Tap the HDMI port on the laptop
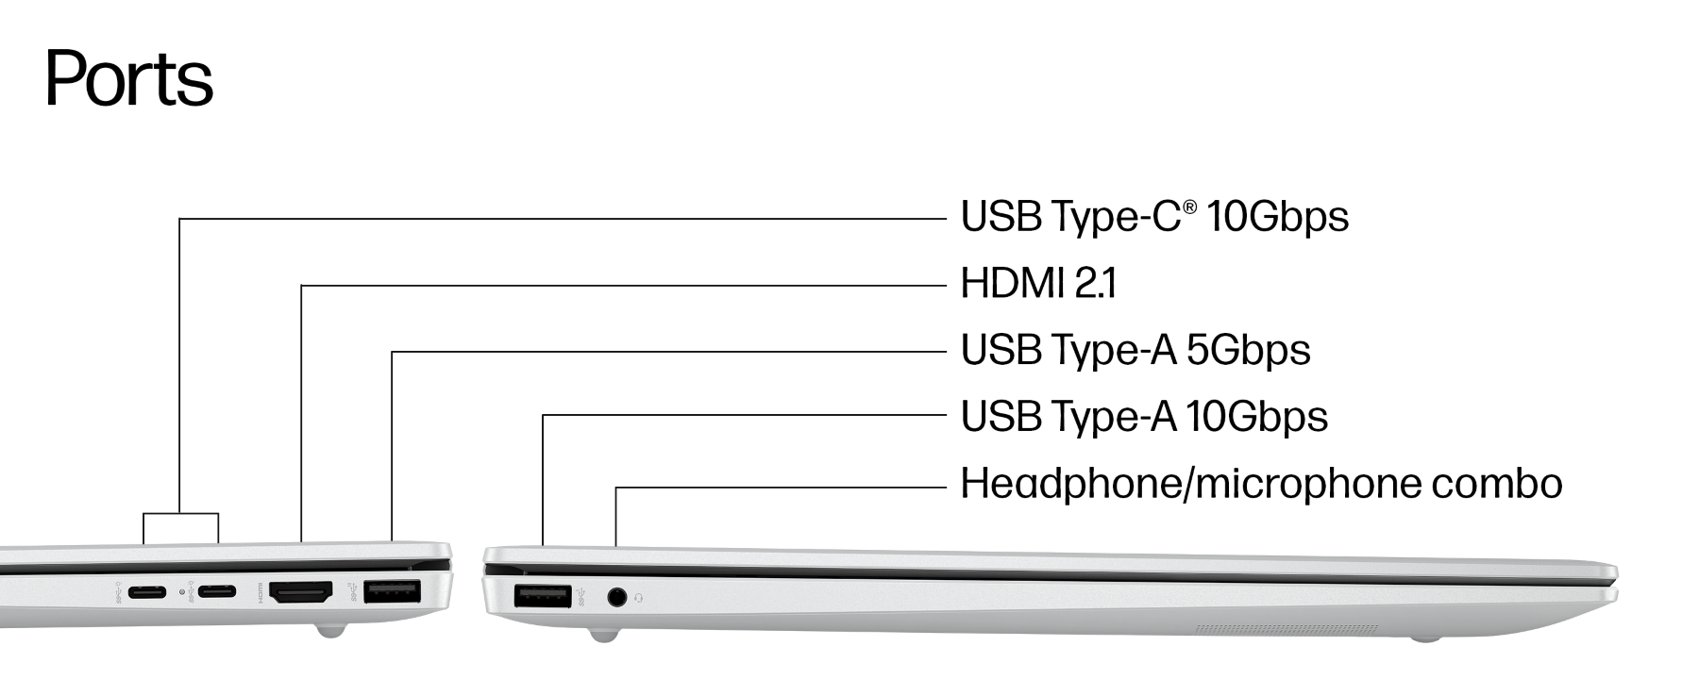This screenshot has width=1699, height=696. [x=301, y=593]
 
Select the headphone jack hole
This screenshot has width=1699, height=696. [x=617, y=597]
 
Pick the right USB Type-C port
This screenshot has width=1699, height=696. [x=216, y=593]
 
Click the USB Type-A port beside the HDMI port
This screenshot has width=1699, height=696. [x=392, y=593]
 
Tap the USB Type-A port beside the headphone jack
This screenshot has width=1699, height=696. [x=543, y=596]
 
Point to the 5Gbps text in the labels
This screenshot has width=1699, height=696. [x=1248, y=351]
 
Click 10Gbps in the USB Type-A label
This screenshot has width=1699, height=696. [x=1256, y=417]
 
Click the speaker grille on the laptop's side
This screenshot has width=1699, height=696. [x=1287, y=628]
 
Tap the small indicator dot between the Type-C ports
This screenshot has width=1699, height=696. [x=182, y=593]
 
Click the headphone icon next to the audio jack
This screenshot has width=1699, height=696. [x=642, y=597]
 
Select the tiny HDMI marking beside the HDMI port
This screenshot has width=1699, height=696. [x=260, y=594]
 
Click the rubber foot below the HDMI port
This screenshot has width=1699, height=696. [x=329, y=630]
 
